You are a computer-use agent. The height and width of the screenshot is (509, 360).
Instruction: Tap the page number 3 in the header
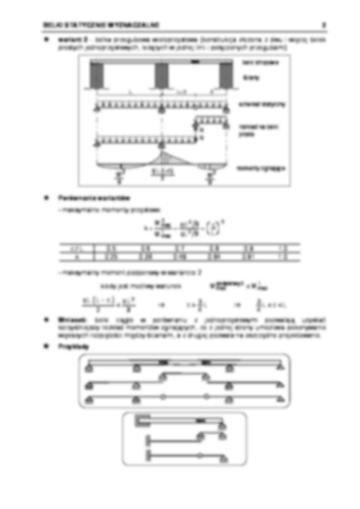click(x=324, y=24)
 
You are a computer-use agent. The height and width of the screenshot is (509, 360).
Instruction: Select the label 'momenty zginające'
click(x=262, y=169)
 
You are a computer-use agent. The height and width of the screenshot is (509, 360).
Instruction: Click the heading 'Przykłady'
click(x=67, y=346)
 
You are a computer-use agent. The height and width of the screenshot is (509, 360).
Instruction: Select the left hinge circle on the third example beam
click(x=163, y=397)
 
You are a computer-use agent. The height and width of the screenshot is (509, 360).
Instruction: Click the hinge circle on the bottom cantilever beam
click(x=200, y=457)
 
